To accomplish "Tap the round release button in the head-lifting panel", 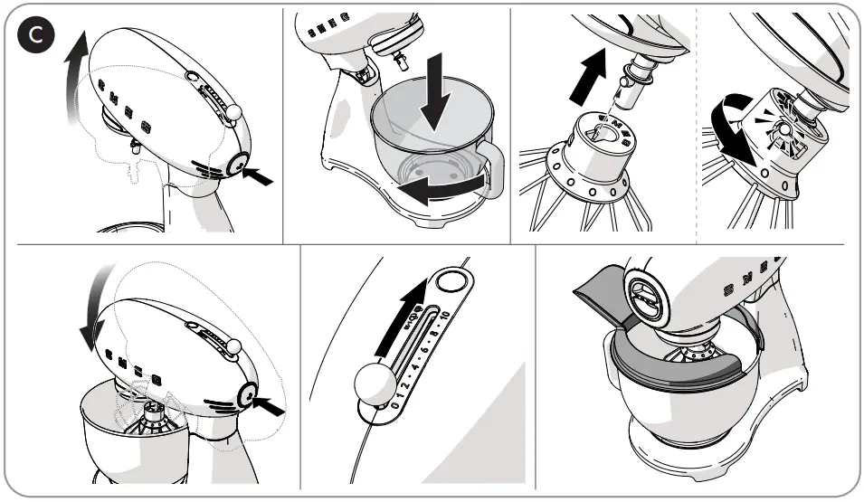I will (x=239, y=165).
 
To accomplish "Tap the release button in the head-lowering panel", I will (x=245, y=395).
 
